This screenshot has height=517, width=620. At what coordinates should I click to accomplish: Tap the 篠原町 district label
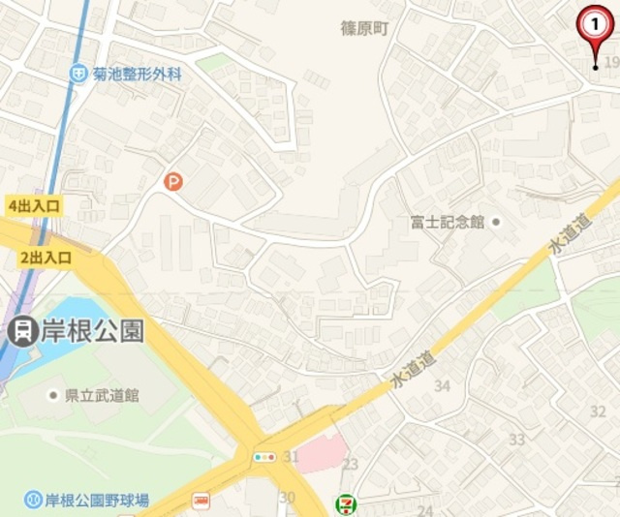[365, 28]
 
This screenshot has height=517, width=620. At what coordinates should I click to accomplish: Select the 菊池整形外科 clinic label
[138, 73]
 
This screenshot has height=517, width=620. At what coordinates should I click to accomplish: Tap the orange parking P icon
[172, 181]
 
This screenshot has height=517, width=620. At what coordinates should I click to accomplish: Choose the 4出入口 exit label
[34, 205]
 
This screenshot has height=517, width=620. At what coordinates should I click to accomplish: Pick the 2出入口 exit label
[46, 257]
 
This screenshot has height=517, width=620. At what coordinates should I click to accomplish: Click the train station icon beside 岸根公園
[19, 331]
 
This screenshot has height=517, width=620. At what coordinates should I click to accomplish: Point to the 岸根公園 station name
[91, 331]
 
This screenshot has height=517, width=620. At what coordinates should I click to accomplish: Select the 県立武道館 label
[101, 395]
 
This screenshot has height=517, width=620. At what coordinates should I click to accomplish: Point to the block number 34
[444, 385]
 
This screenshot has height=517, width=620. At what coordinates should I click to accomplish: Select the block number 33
[516, 440]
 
